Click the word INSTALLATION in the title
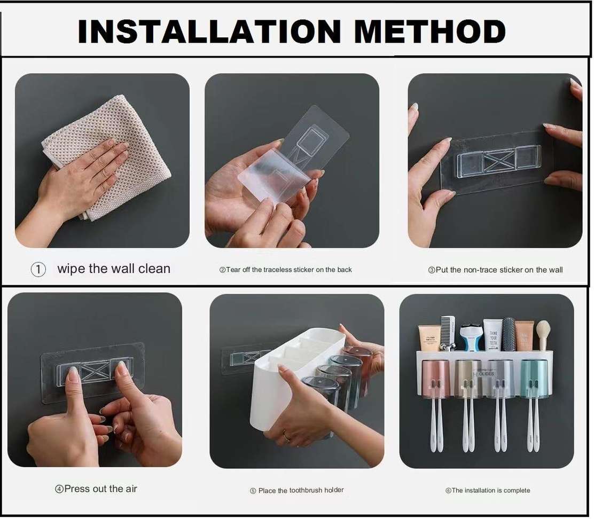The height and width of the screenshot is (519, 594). pyautogui.click(x=209, y=32)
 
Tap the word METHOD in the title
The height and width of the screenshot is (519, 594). pyautogui.click(x=429, y=32)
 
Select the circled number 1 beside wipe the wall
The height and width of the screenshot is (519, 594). pyautogui.click(x=38, y=270)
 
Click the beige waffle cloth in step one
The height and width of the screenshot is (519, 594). pyautogui.click(x=107, y=155)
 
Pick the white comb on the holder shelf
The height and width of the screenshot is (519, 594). pyautogui.click(x=448, y=331)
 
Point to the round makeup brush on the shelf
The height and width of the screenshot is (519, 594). pyautogui.click(x=543, y=333)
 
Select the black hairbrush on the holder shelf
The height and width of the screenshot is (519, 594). pyautogui.click(x=509, y=334)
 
